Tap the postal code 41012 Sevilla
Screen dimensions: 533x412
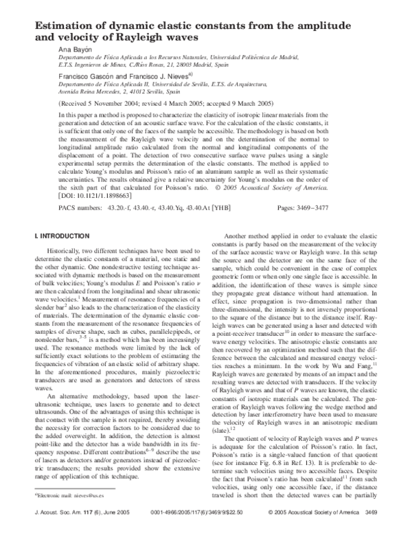point(163,91)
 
